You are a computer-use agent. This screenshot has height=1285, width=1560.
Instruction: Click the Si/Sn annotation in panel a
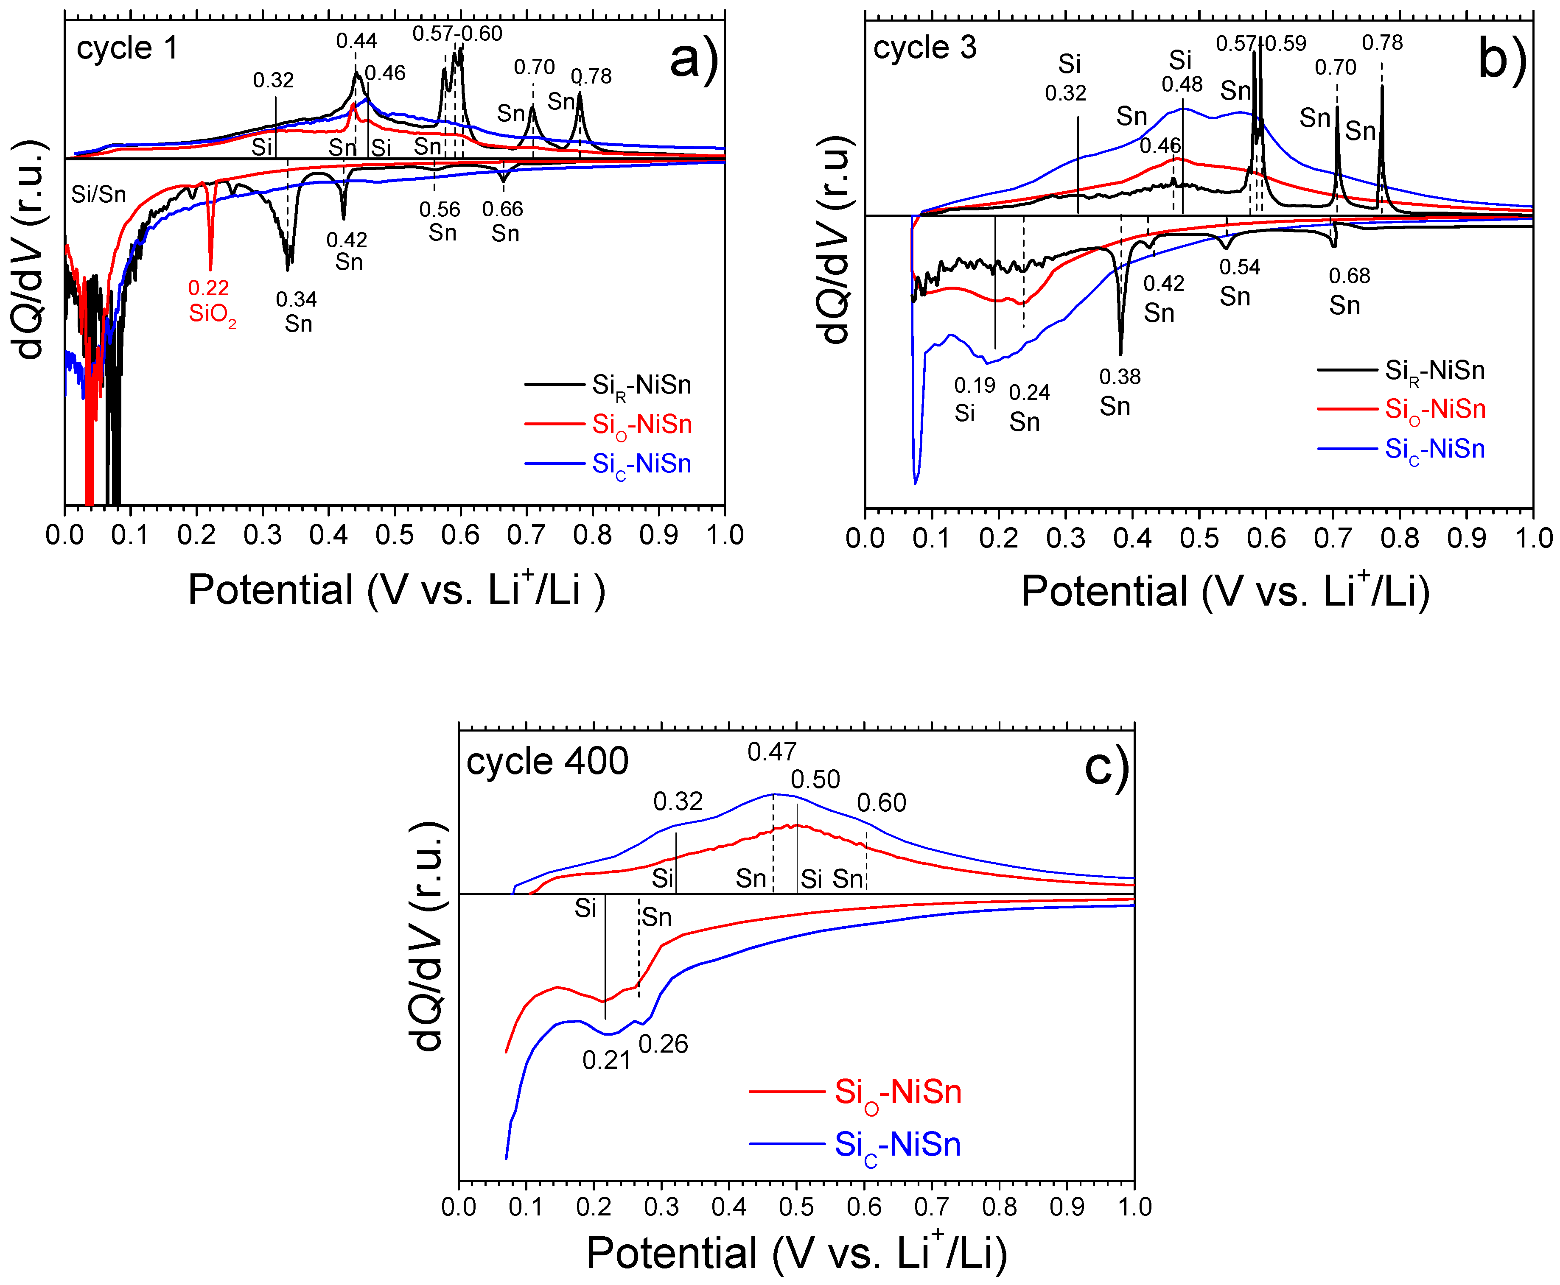pyautogui.click(x=98, y=195)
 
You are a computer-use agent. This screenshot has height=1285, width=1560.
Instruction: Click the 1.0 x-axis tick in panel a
pyautogui.click(x=724, y=534)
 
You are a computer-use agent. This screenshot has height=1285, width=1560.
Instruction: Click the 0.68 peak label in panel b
pyautogui.click(x=1349, y=276)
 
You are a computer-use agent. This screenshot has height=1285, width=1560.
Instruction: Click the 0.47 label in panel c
pyautogui.click(x=771, y=752)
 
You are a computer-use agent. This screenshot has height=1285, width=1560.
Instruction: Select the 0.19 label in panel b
pyautogui.click(x=975, y=385)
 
